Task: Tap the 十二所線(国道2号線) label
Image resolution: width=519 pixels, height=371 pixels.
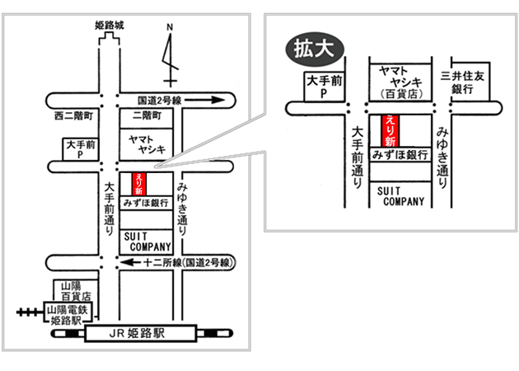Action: pos(189,262)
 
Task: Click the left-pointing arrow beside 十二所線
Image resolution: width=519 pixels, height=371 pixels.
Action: pos(129,262)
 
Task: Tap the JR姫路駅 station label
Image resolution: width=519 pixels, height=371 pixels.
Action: pos(140,334)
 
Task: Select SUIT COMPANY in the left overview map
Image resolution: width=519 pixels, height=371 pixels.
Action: pos(147,241)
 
